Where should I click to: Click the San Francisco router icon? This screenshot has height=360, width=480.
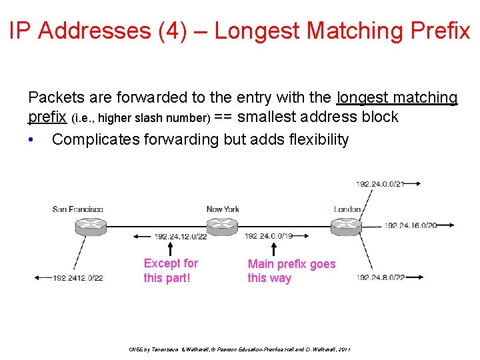pos(88,225)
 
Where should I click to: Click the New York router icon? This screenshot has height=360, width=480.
pos(223,225)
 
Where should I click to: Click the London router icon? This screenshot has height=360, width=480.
pos(348,225)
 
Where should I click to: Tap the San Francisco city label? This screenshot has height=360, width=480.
pos(78,209)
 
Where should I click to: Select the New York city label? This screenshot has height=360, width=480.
pos(223,209)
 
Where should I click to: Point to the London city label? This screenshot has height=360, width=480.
pos(347,209)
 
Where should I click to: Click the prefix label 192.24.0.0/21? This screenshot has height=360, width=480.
pos(379,183)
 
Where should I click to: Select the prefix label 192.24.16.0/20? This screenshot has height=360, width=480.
pos(410,225)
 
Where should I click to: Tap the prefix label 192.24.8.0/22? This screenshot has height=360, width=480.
pos(381,277)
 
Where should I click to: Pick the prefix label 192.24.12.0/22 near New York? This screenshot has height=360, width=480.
pos(181,236)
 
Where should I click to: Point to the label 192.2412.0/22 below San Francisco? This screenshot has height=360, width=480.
pos(77,278)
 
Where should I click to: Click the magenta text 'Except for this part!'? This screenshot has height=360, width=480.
pos(171,271)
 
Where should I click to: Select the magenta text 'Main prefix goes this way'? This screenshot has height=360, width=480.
pos(291,271)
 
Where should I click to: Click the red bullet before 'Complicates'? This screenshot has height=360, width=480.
pos(31,140)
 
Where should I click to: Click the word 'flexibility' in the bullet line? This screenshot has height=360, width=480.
pos(315,139)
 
